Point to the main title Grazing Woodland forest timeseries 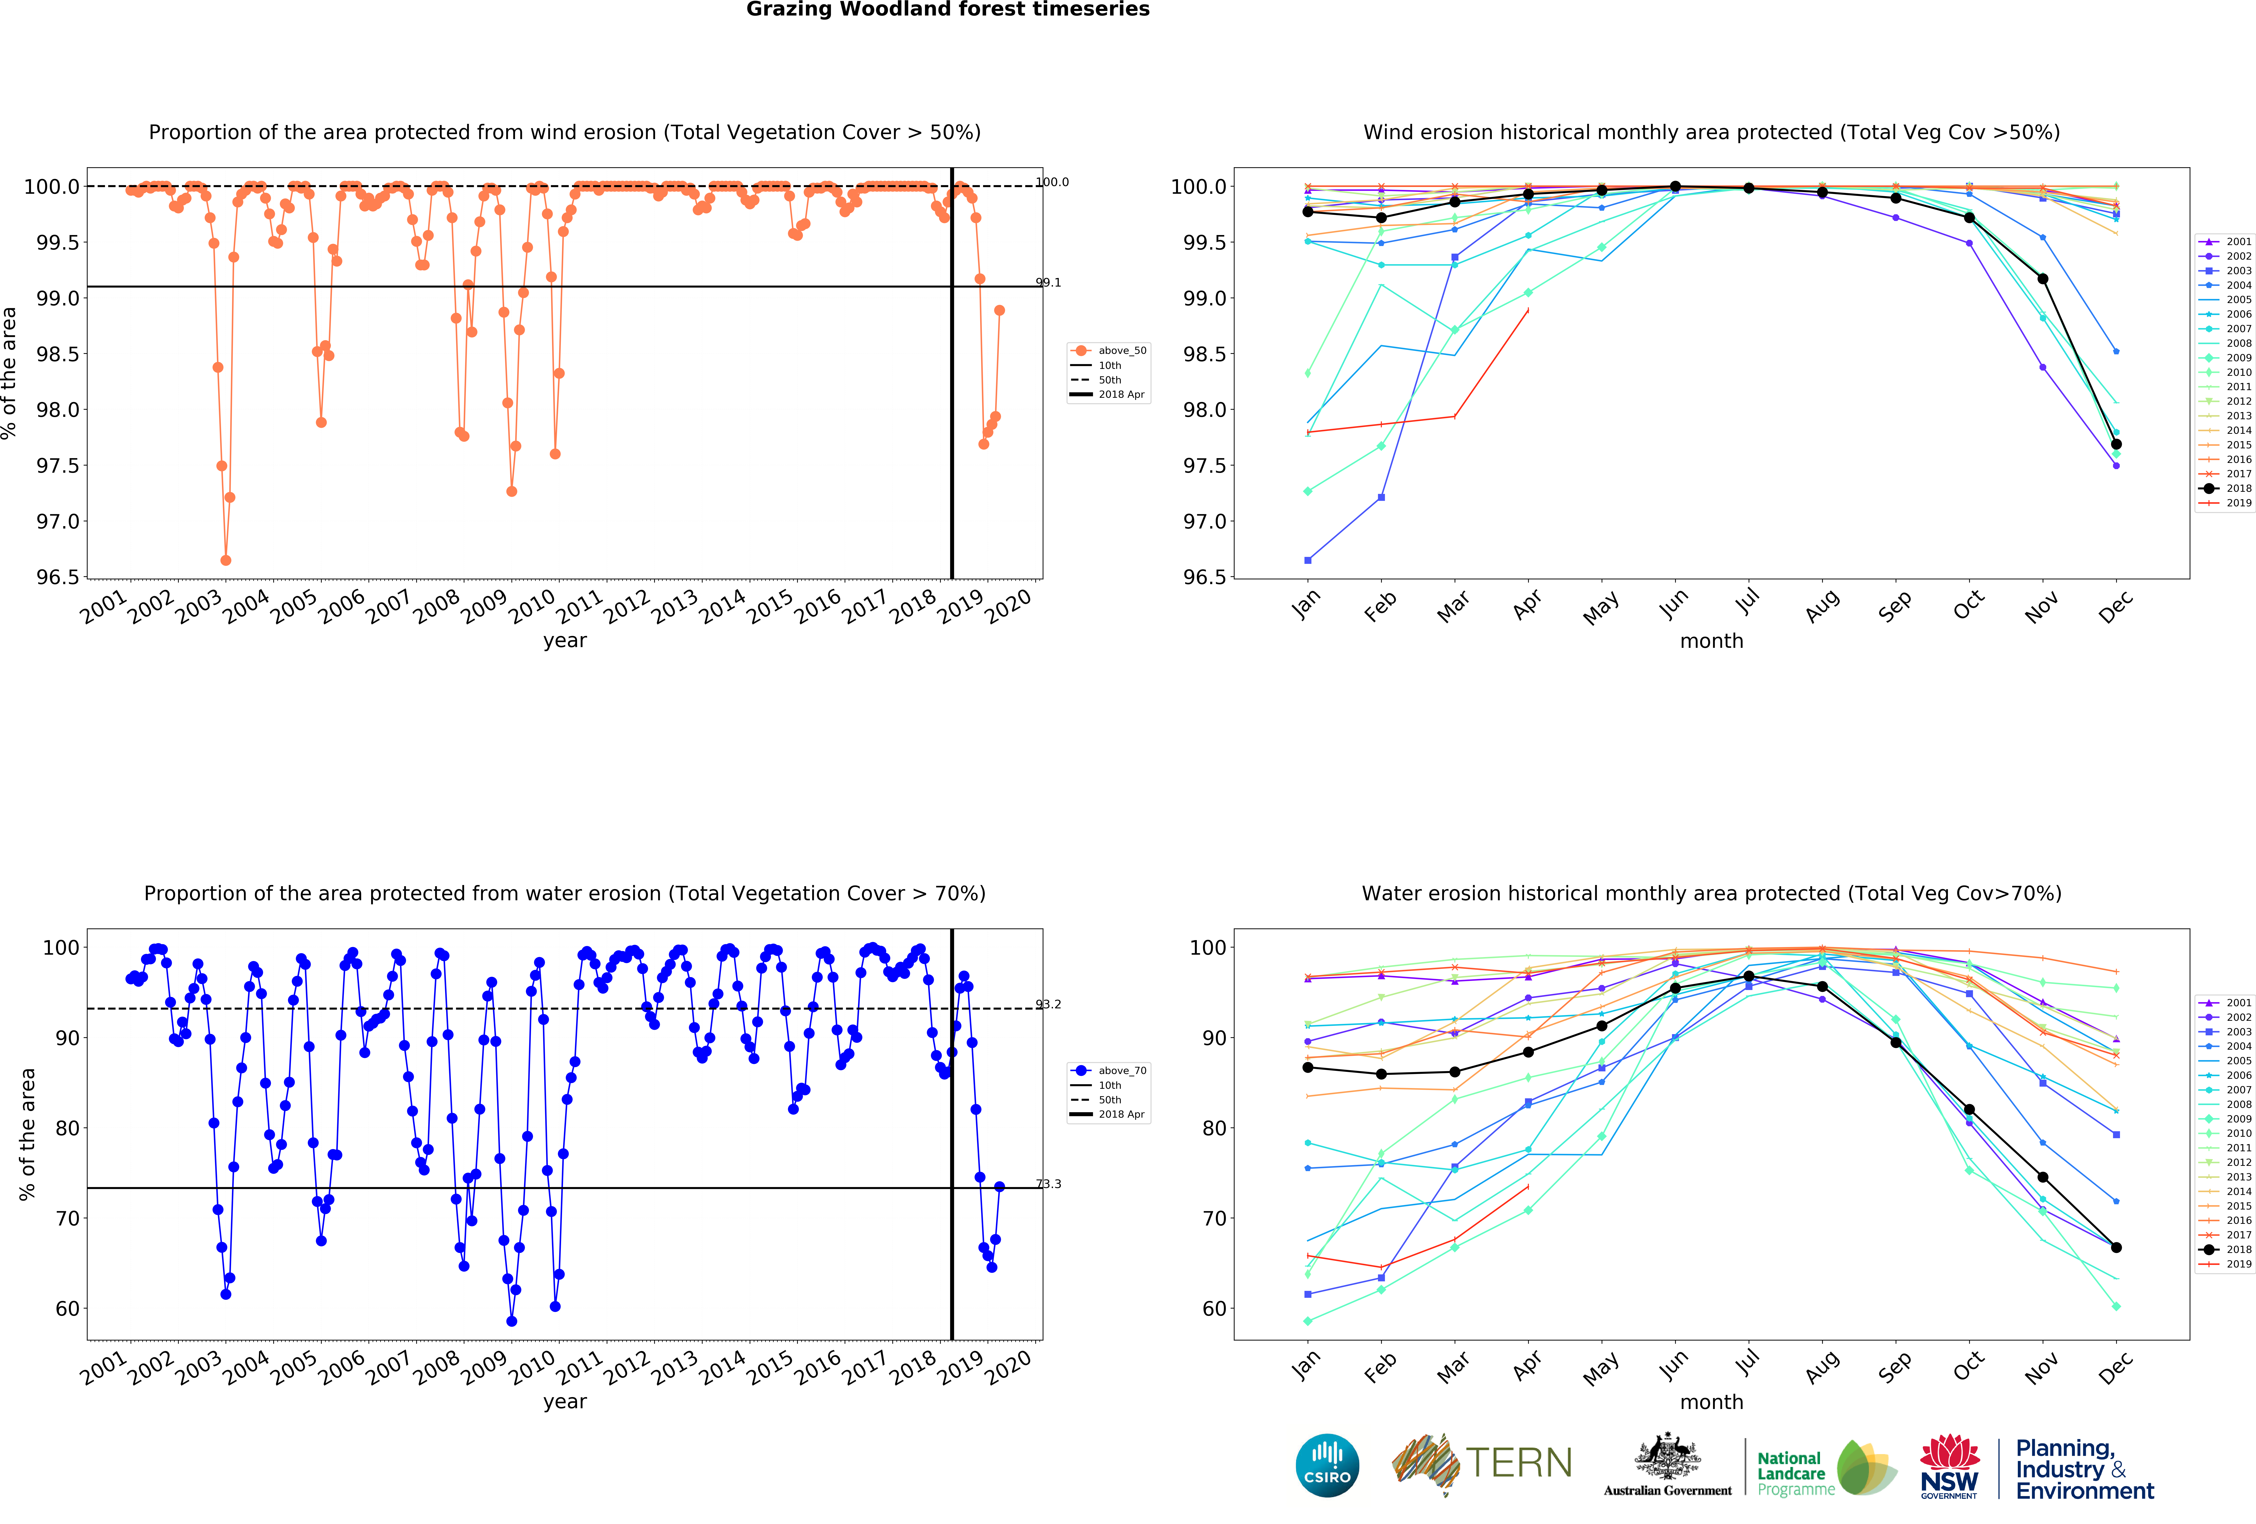click(947, 10)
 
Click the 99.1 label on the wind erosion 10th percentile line click(1048, 283)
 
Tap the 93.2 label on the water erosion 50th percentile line click(1048, 1005)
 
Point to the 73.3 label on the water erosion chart click(1048, 1184)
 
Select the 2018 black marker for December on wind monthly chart click(2116, 444)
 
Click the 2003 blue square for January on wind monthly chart click(1308, 560)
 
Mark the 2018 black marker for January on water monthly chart click(1308, 1068)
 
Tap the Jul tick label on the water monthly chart click(1747, 1363)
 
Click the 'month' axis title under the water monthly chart click(1711, 1402)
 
